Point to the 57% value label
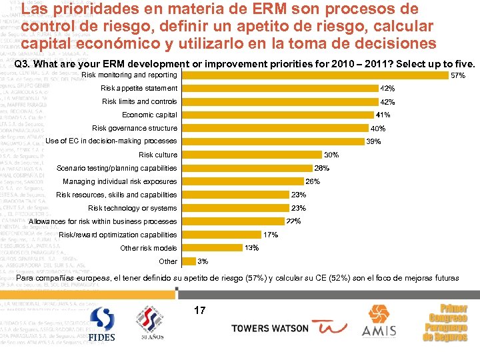(x=458, y=76)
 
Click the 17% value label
(x=271, y=235)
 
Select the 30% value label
(x=331, y=155)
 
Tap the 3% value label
(x=203, y=261)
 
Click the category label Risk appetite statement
(x=139, y=88)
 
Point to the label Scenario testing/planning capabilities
(x=117, y=168)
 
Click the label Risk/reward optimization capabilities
(x=118, y=235)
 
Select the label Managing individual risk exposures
(x=119, y=181)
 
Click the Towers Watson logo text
(x=269, y=328)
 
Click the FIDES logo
(x=102, y=325)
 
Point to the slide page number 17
(x=199, y=310)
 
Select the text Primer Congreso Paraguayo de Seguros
(x=447, y=323)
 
